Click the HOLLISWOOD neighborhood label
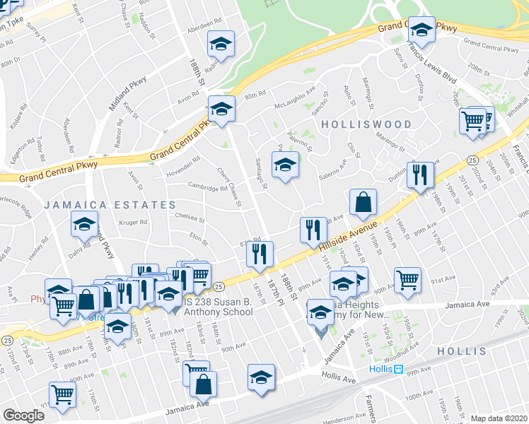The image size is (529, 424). [x=366, y=124]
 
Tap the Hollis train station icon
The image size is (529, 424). [x=398, y=369]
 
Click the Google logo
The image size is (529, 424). [x=23, y=416]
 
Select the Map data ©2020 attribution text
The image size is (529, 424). [x=499, y=418]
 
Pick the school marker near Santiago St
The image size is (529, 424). [x=285, y=167]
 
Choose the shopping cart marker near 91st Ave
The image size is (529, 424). [x=407, y=280]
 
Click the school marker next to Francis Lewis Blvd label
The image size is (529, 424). [x=422, y=30]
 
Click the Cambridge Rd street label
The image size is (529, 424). [x=207, y=187]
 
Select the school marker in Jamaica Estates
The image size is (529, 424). [x=84, y=225]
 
